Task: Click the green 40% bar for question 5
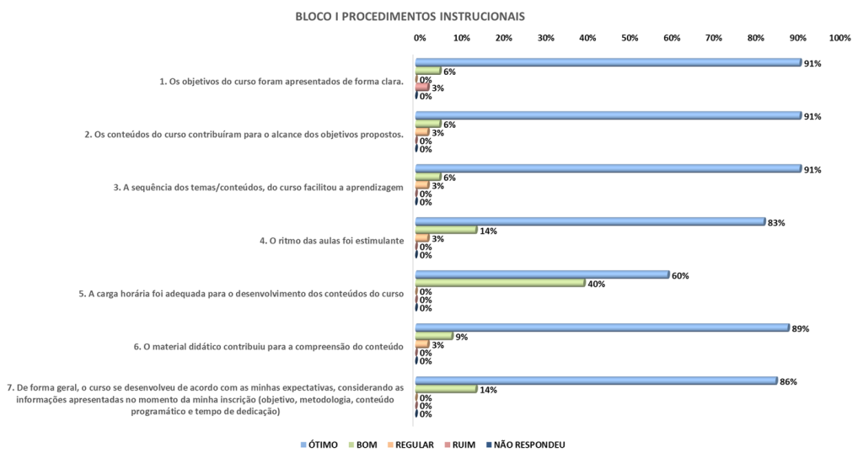point(501,283)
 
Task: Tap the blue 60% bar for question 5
point(543,274)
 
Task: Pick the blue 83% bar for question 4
point(591,221)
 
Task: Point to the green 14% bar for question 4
point(447,230)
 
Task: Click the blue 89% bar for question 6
point(603,328)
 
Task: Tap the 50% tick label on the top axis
point(630,38)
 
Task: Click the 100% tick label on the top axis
point(839,38)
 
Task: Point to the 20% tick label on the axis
point(503,38)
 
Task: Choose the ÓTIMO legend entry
point(321,444)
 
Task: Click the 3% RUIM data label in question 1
point(437,88)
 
